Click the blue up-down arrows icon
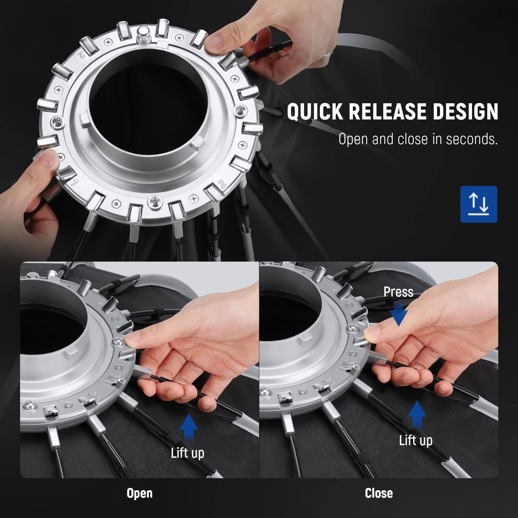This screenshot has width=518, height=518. [x=479, y=204]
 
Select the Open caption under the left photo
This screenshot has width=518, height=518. [x=140, y=493]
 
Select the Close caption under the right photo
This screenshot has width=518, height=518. [x=379, y=493]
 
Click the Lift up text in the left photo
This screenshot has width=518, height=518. [x=187, y=453]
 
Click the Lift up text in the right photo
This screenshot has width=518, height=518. [x=416, y=440]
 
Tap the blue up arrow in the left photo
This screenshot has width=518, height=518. [x=189, y=427]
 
